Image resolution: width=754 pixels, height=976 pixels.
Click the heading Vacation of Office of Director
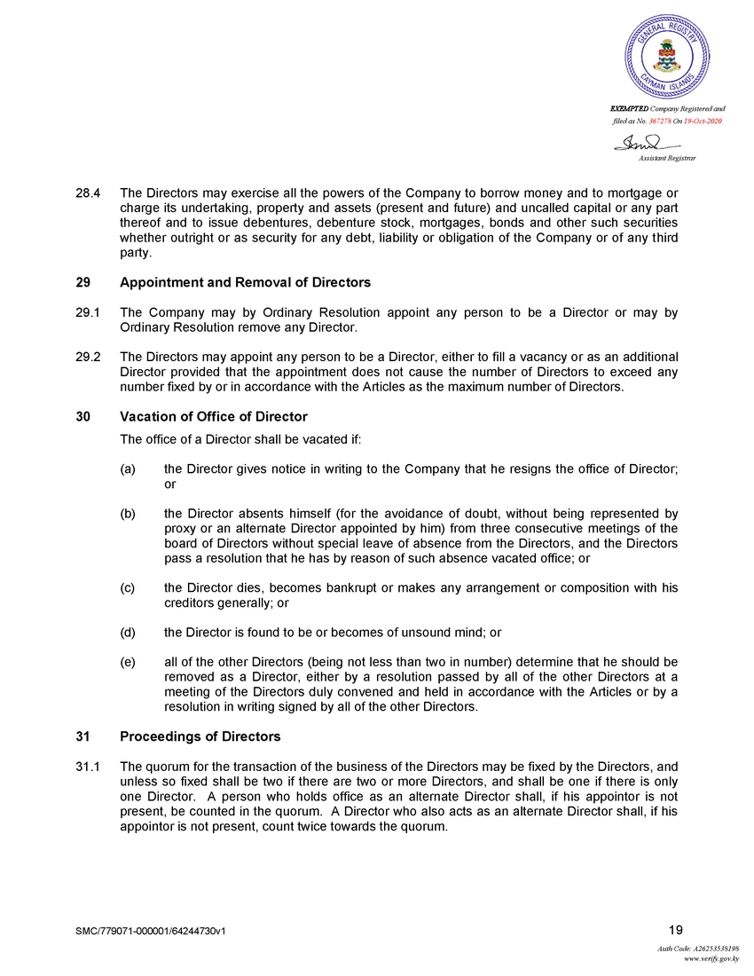pos(213,416)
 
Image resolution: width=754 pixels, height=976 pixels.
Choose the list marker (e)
pos(128,662)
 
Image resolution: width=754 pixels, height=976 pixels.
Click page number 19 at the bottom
pos(676,930)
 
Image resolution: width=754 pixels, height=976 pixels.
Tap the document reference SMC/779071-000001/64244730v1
pos(156,931)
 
